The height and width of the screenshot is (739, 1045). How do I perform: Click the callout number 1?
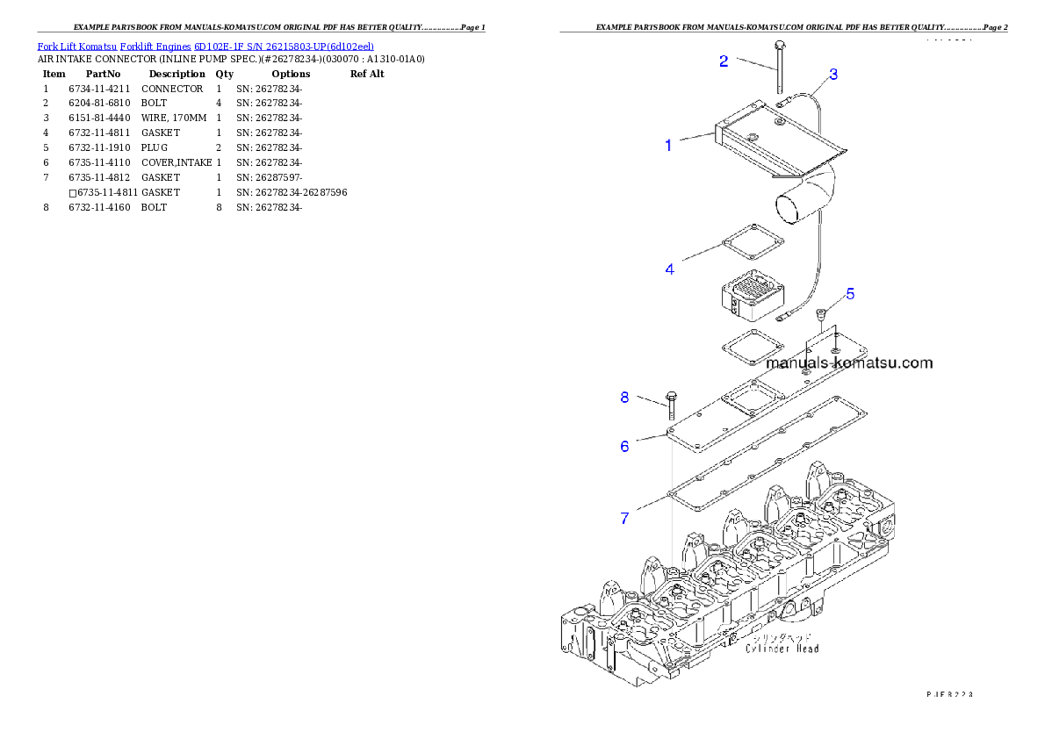pos(668,146)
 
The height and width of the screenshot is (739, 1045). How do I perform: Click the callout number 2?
pos(724,61)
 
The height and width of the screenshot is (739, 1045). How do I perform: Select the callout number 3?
pos(833,74)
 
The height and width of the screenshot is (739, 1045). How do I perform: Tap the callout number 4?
pos(670,269)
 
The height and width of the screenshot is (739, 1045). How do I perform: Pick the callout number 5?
pos(850,293)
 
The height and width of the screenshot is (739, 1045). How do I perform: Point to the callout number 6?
pos(625,446)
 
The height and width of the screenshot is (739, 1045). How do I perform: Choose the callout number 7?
pos(625,518)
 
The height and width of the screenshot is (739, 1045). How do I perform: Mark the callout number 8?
pos(625,397)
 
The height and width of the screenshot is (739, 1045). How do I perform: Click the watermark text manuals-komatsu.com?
pos(848,362)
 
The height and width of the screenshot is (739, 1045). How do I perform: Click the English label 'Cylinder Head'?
pos(782,648)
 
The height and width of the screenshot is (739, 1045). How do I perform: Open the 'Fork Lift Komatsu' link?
pos(77,46)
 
